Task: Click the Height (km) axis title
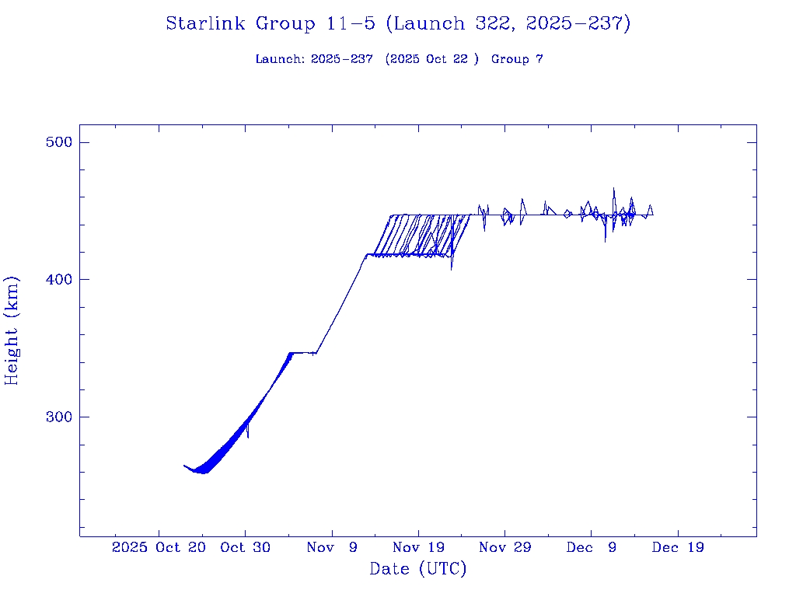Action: (x=12, y=330)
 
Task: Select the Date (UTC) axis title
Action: (x=417, y=569)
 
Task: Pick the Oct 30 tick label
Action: (x=245, y=547)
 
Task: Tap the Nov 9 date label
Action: (x=332, y=547)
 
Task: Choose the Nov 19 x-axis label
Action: (x=418, y=547)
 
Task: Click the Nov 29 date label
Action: (x=504, y=547)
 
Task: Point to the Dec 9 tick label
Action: (x=591, y=547)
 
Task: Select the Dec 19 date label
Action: (x=678, y=547)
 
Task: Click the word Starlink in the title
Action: (x=208, y=24)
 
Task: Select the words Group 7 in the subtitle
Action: (x=517, y=59)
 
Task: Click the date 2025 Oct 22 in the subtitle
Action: (x=431, y=59)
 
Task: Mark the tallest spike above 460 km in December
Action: (x=613, y=189)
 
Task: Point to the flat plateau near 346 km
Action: (x=302, y=353)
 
